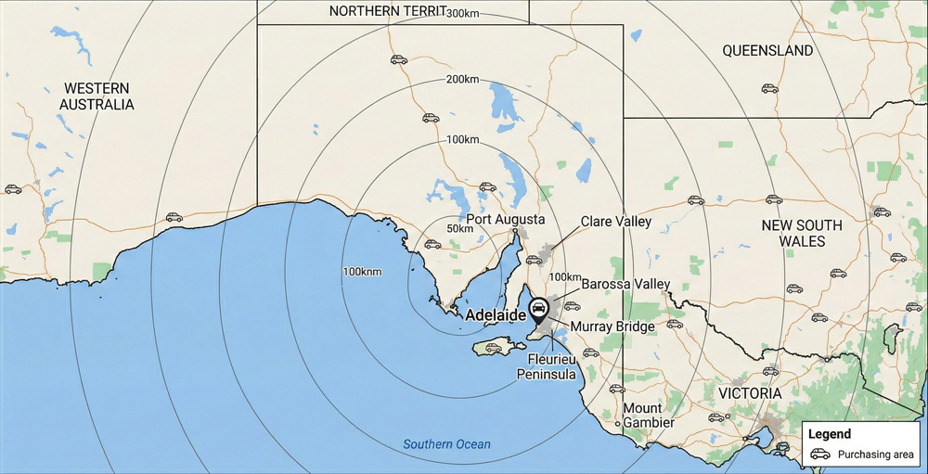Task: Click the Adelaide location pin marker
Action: (x=537, y=308)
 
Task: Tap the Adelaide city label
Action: (x=496, y=315)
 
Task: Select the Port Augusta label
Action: (x=505, y=220)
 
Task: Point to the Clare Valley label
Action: (x=616, y=223)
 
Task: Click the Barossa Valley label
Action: (x=625, y=284)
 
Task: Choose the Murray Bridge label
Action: (x=612, y=327)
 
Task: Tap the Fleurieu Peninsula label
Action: (x=552, y=366)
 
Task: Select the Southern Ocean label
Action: (x=446, y=444)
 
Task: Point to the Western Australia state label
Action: (x=97, y=96)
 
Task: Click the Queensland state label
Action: (x=767, y=51)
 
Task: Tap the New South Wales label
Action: (x=802, y=233)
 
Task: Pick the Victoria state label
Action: (x=750, y=393)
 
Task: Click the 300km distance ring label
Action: (x=463, y=13)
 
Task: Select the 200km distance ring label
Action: (x=462, y=79)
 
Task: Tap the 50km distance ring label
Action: (x=459, y=228)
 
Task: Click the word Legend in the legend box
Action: (x=829, y=434)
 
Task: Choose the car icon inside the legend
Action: (x=819, y=455)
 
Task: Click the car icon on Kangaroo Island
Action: (x=494, y=349)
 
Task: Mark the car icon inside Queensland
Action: (x=769, y=89)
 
